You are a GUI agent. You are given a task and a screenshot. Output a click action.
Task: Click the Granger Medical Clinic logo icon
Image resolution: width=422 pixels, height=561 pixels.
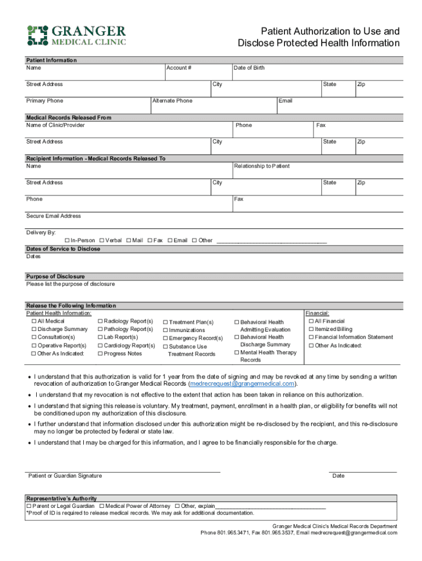37,35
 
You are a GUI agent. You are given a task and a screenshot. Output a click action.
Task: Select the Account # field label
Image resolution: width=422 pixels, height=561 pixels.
180,68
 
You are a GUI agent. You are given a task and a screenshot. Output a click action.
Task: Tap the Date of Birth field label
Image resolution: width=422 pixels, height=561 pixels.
249,68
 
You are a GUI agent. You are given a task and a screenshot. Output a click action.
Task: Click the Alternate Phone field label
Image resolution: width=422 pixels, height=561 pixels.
173,101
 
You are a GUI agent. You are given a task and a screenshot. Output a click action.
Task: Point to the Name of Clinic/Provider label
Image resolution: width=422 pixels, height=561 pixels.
55,125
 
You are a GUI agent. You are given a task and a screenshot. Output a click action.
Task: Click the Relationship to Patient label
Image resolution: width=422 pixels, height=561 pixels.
262,166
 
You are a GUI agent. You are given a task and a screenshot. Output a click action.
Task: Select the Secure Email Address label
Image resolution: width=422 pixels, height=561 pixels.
54,216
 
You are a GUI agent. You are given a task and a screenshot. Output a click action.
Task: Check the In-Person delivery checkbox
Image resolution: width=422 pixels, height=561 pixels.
67,241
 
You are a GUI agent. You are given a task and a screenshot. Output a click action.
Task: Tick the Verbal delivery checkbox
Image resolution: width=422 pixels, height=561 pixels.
102,241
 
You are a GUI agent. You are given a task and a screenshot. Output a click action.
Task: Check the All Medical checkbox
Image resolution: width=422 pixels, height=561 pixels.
34,321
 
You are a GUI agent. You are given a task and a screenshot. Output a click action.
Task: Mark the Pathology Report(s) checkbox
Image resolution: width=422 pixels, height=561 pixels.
100,329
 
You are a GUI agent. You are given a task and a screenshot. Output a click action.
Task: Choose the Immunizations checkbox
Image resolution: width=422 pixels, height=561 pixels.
165,330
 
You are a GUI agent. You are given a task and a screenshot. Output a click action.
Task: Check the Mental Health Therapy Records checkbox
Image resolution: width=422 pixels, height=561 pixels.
237,353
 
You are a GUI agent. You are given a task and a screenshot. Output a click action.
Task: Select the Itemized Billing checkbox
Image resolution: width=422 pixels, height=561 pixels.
311,329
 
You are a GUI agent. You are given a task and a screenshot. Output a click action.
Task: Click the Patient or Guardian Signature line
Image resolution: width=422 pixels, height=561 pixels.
123,471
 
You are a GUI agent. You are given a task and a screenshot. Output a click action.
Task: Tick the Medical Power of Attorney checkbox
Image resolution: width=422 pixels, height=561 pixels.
102,506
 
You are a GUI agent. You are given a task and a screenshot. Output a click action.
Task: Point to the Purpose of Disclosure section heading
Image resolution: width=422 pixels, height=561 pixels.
55,277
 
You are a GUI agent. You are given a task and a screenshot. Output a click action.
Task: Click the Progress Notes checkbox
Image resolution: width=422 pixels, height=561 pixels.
100,354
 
